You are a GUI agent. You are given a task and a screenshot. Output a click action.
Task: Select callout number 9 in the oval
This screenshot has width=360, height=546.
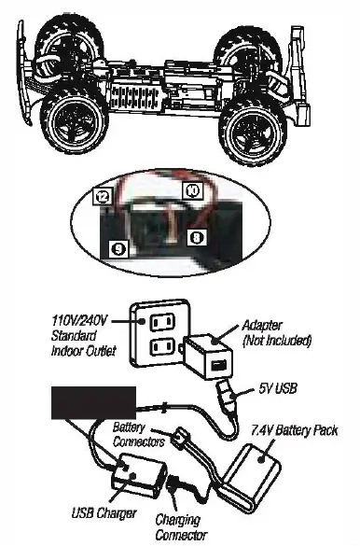[x=117, y=249]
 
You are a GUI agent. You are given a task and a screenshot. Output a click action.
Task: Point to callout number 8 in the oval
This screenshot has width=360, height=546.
[x=197, y=239]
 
